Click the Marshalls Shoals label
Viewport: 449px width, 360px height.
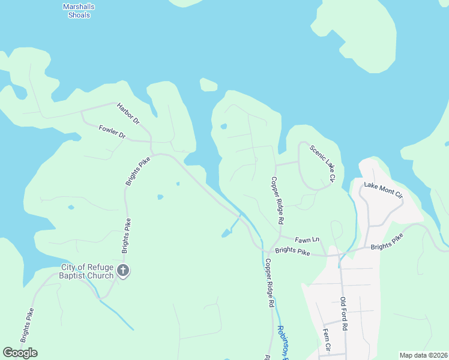tap(76, 11)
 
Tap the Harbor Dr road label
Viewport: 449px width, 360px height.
tap(128, 112)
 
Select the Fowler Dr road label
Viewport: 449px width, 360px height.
tap(112, 131)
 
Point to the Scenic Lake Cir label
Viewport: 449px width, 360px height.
tap(322, 163)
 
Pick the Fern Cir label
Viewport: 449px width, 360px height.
tap(327, 339)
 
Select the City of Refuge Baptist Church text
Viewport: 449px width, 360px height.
tap(87, 272)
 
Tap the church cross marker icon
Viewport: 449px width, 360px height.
tap(123, 271)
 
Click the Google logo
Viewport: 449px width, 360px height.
tap(20, 352)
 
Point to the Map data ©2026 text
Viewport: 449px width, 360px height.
tap(423, 355)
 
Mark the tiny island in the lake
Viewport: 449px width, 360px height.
tap(208, 85)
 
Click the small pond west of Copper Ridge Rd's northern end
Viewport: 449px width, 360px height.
tap(224, 127)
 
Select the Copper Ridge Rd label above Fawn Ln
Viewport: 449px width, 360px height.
tap(277, 200)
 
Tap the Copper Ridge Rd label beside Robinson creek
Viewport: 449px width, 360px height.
tap(270, 283)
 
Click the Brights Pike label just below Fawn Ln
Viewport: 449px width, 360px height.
tap(292, 253)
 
